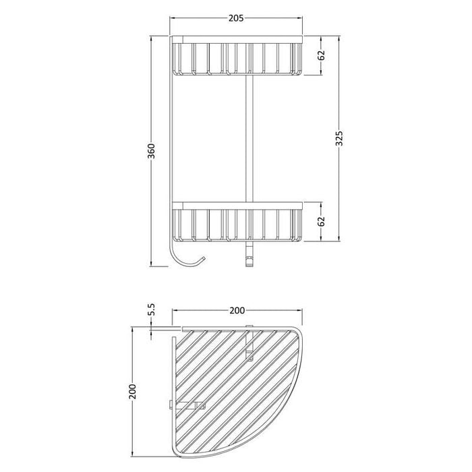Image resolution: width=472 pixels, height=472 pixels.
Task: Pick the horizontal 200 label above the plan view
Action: point(236,312)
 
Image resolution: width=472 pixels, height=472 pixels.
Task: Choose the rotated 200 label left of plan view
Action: point(134,393)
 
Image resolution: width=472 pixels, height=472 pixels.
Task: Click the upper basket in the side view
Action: point(235,59)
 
